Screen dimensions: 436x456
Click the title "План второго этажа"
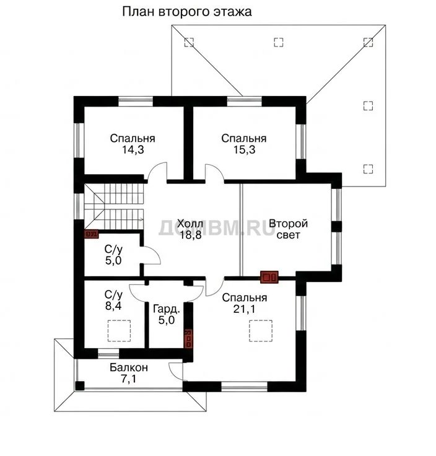(186, 12)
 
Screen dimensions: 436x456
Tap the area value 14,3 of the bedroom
(133, 150)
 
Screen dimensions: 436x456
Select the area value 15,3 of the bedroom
(244, 150)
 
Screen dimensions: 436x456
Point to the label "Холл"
(190, 224)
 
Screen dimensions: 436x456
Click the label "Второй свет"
(288, 229)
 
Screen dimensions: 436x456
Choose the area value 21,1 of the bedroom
(244, 309)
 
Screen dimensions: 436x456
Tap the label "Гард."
(166, 309)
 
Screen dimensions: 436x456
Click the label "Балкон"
(129, 367)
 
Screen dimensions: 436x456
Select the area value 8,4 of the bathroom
(113, 306)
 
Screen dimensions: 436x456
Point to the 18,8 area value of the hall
(190, 235)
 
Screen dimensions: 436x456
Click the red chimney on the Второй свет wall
(269, 277)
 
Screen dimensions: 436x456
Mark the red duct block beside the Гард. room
(189, 338)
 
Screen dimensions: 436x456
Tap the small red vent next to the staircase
(91, 234)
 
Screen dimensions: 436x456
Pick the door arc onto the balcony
(172, 374)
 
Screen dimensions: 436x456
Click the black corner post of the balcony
(80, 386)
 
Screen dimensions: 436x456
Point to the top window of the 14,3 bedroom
(136, 102)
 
